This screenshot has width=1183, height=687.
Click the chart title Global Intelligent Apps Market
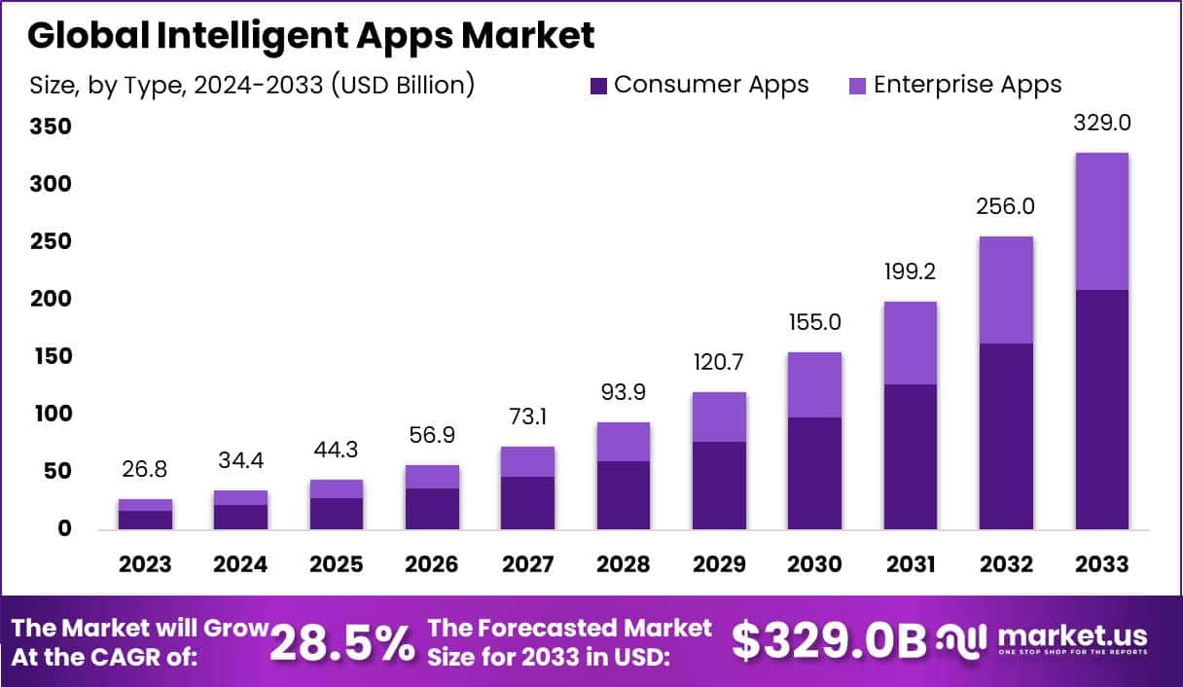[x=310, y=36]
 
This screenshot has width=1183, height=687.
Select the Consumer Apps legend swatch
[x=597, y=86]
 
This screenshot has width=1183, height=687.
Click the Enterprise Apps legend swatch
[x=856, y=86]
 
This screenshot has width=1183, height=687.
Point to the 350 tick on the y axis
[x=50, y=127]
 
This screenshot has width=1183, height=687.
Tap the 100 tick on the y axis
[x=50, y=415]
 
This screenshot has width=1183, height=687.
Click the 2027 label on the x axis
[x=527, y=564]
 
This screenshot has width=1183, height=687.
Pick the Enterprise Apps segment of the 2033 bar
[x=1101, y=222]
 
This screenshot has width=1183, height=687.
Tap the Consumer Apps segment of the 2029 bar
[x=718, y=486]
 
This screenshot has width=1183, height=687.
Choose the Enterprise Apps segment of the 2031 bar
[x=911, y=343]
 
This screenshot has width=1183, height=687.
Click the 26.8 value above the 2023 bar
[x=145, y=470]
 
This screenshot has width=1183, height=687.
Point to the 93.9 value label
[x=623, y=393]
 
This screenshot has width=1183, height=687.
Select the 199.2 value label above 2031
[x=911, y=272]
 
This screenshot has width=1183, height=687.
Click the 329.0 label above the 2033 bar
[x=1101, y=124]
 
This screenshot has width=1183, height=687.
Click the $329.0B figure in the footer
[x=828, y=641]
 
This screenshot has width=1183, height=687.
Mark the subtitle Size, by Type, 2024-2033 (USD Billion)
[x=252, y=86]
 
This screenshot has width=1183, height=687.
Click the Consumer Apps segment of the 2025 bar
[x=337, y=513]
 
